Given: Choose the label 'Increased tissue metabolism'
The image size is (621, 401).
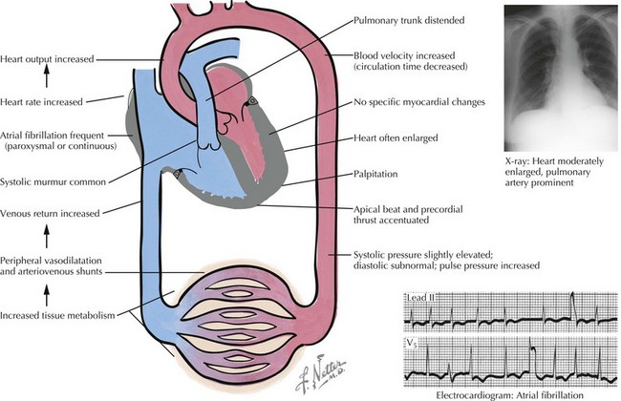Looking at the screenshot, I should [63, 314].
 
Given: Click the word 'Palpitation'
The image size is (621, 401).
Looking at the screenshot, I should [377, 176].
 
